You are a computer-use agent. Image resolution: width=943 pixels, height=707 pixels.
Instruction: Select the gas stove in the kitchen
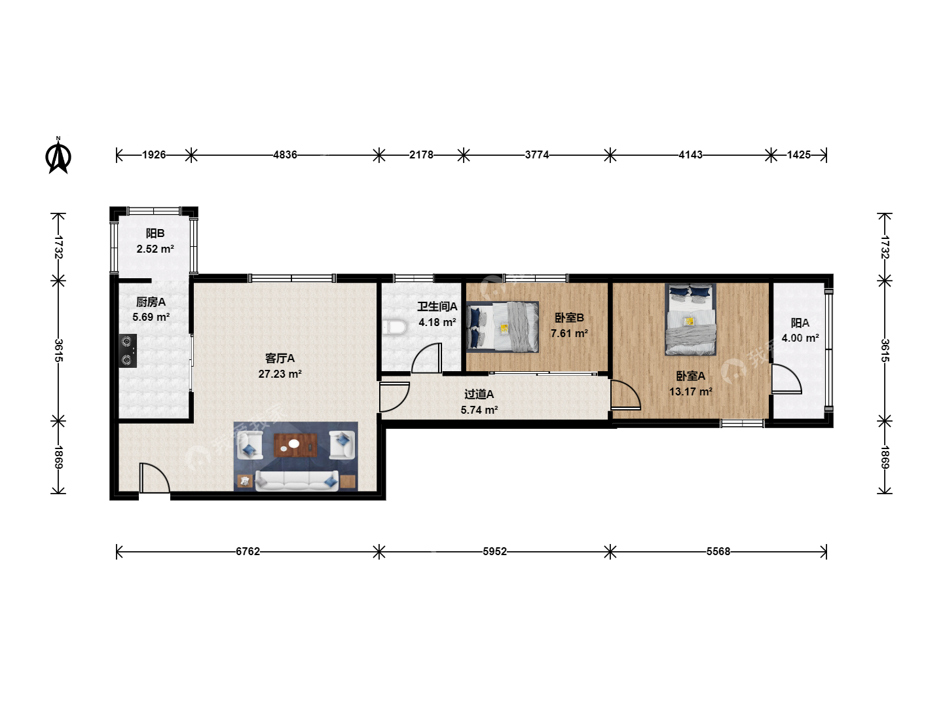(128, 351)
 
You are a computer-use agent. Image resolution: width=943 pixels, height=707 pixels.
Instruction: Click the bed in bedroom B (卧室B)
(502, 327)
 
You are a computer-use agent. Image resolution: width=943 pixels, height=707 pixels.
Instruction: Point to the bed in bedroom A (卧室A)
(690, 319)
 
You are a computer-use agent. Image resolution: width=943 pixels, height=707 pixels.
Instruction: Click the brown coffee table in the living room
(296, 445)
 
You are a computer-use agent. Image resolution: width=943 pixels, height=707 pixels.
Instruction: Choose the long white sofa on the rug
(297, 480)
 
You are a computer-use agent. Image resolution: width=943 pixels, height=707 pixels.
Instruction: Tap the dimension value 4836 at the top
(285, 154)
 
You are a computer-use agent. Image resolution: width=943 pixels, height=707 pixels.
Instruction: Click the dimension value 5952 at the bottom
(494, 551)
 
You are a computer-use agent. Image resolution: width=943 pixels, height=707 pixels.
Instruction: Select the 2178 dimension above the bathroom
(421, 154)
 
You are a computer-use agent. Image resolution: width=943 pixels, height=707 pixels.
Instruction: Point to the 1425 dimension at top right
(799, 154)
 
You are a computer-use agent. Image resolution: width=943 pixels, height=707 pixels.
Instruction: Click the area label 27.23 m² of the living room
(280, 374)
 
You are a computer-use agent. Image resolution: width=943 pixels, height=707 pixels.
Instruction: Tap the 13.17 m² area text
(690, 391)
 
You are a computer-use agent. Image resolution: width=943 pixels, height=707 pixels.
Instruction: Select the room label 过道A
(479, 394)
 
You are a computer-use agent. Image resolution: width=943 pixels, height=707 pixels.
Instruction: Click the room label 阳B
(155, 233)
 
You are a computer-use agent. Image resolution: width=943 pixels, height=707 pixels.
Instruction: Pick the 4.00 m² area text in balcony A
(800, 338)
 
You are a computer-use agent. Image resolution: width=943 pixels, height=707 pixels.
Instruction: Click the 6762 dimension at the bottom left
(248, 551)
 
